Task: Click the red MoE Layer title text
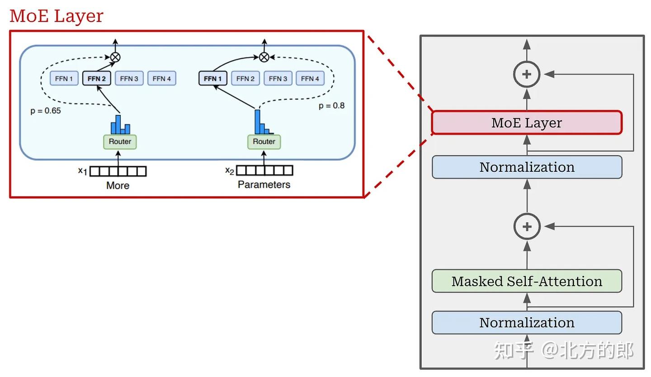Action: tap(57, 16)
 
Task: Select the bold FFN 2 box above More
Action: tap(96, 79)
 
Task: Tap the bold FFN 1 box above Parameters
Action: tap(212, 79)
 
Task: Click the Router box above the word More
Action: tap(120, 142)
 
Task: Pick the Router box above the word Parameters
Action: tap(264, 142)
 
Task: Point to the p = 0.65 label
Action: tap(46, 111)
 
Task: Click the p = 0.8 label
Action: tap(331, 106)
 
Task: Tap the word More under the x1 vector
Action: tap(118, 185)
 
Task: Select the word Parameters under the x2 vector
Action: tap(264, 184)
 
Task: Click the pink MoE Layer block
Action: tap(527, 123)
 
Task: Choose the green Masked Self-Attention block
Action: tap(527, 281)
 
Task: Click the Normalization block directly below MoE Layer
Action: tap(527, 167)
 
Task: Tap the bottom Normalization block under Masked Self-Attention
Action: tap(527, 323)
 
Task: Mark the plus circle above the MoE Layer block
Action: tap(527, 74)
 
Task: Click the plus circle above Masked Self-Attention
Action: tap(527, 226)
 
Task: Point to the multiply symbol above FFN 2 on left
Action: tap(115, 57)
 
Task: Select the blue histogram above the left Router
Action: tap(120, 125)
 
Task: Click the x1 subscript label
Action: tap(82, 171)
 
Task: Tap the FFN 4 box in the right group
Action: tap(310, 79)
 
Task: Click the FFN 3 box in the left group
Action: tap(129, 79)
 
